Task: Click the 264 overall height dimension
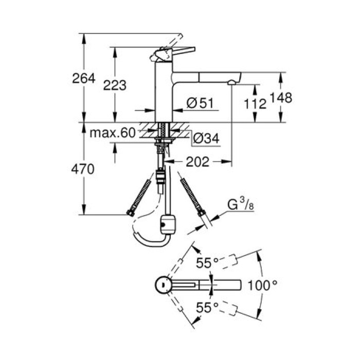point(84,79)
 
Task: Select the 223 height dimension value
point(115,85)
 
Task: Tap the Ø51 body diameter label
point(200,103)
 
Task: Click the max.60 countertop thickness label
point(112,133)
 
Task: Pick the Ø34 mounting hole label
point(205,138)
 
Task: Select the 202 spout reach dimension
point(198,162)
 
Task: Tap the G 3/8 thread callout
point(240,204)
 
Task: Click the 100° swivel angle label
point(263,284)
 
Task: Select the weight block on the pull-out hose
point(168,223)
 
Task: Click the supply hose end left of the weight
point(131,212)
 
